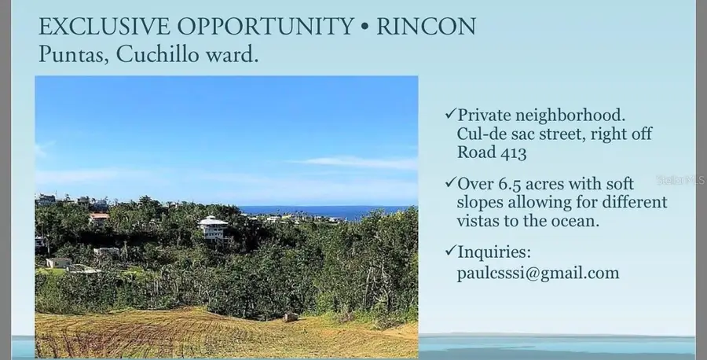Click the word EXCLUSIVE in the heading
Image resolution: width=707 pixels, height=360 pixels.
tap(90, 27)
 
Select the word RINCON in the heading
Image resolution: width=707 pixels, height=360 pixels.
tap(426, 27)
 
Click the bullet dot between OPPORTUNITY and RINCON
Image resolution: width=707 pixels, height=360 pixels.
tap(364, 28)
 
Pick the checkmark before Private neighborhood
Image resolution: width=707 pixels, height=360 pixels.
tap(450, 114)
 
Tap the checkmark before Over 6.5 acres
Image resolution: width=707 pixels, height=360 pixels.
tap(450, 183)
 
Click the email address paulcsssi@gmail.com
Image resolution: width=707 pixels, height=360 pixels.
tap(537, 274)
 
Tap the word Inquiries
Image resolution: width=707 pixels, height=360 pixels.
tap(494, 253)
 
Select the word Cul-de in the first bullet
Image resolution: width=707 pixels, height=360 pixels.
tap(479, 134)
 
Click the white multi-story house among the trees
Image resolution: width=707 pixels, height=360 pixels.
tap(213, 228)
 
